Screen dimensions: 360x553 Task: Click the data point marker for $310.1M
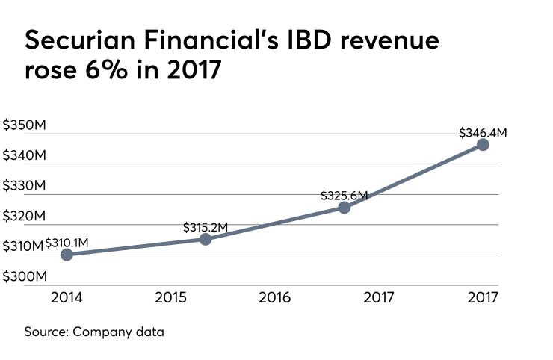(x=67, y=255)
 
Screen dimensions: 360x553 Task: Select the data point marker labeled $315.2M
(x=206, y=239)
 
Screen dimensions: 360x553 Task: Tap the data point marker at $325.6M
(x=344, y=208)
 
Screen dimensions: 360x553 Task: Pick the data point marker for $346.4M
(x=483, y=144)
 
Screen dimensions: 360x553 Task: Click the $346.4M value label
(x=483, y=133)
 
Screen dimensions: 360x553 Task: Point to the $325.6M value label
(x=344, y=196)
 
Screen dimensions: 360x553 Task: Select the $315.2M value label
(x=206, y=227)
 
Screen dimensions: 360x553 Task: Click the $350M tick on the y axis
(x=24, y=125)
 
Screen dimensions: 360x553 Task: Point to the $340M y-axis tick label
(x=24, y=156)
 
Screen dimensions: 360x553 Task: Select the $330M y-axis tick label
(x=24, y=186)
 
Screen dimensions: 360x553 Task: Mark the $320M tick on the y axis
(x=24, y=217)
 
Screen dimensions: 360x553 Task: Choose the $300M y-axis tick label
(x=24, y=277)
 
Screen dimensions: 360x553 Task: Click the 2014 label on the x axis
(x=67, y=297)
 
